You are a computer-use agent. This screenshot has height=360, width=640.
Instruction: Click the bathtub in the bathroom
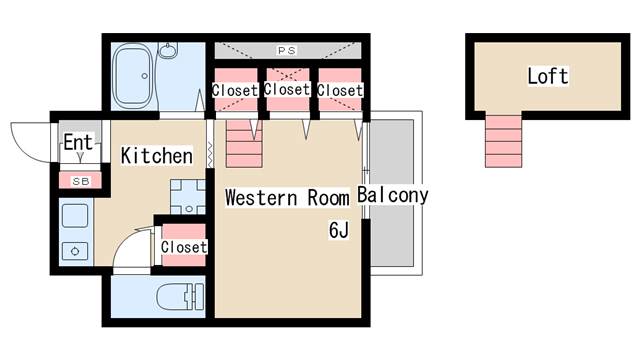tap(133, 76)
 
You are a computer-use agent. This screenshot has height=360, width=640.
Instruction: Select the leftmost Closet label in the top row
tap(236, 90)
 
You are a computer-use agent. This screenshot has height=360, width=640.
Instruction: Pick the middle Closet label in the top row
tap(288, 90)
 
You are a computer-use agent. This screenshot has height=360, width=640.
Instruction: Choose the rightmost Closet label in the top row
tap(340, 90)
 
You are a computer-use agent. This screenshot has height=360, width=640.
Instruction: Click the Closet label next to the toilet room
tap(183, 247)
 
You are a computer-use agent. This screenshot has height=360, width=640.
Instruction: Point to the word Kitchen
tap(156, 156)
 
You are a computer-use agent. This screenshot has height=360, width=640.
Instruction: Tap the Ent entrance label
tap(78, 143)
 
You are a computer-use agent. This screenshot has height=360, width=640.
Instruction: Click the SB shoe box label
tap(78, 181)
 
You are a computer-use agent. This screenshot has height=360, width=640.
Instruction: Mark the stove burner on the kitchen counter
tap(76, 250)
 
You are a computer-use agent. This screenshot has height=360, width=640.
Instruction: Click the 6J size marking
tap(339, 231)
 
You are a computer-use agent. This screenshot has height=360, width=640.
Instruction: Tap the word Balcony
tap(393, 196)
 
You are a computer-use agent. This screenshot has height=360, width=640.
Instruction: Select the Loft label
tap(547, 76)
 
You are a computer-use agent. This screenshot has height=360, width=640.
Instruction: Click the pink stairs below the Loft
tap(503, 140)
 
